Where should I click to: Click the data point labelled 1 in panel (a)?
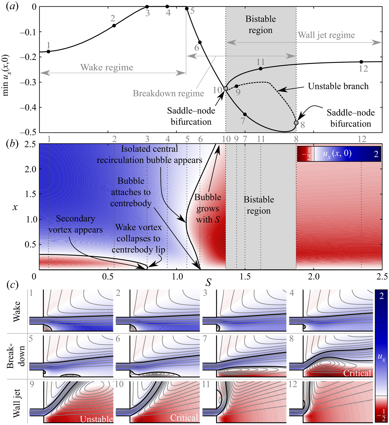coord(48,51)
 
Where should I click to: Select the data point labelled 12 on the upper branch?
coord(361,62)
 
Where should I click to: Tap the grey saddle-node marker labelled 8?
coord(296,123)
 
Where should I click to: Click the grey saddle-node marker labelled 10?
coord(226,89)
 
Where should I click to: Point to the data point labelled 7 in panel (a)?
coord(245,114)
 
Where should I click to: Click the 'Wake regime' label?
coord(107,67)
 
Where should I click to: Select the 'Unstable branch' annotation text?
coord(338,86)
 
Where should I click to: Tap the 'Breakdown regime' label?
coord(168,93)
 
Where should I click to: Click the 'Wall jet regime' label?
coord(326,35)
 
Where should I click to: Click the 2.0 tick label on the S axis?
coord(313,276)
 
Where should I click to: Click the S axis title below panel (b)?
coord(208,283)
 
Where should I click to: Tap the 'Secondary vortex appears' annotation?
coord(76,224)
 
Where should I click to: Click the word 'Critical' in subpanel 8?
coord(357,373)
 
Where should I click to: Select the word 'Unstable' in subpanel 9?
coord(96,419)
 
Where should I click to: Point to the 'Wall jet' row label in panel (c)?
coord(17,403)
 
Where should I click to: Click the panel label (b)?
coord(12,144)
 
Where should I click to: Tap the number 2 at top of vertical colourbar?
coord(381,296)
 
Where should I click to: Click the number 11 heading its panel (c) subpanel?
coord(206,384)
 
